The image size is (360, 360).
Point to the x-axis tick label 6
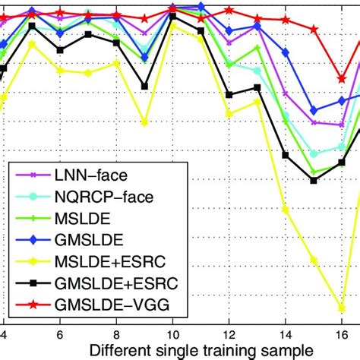point(60,333)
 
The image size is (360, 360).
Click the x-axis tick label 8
point(116,333)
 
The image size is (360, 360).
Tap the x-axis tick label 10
point(172,333)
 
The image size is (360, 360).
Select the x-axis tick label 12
point(229,333)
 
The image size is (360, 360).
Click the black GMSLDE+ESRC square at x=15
point(314,180)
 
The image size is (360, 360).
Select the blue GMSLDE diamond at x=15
point(314,111)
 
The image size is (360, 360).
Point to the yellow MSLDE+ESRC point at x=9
point(144,122)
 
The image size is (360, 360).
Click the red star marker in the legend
point(33,306)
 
